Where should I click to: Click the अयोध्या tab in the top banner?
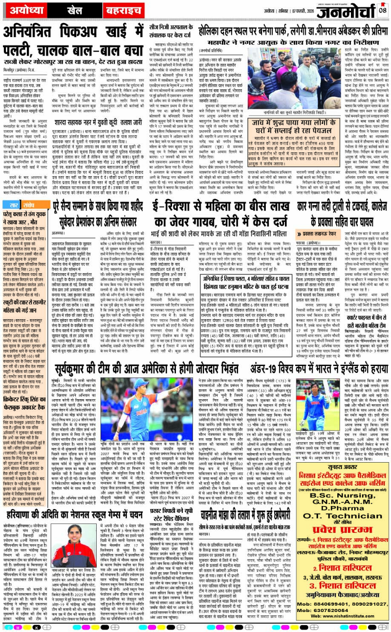(x=21, y=10)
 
